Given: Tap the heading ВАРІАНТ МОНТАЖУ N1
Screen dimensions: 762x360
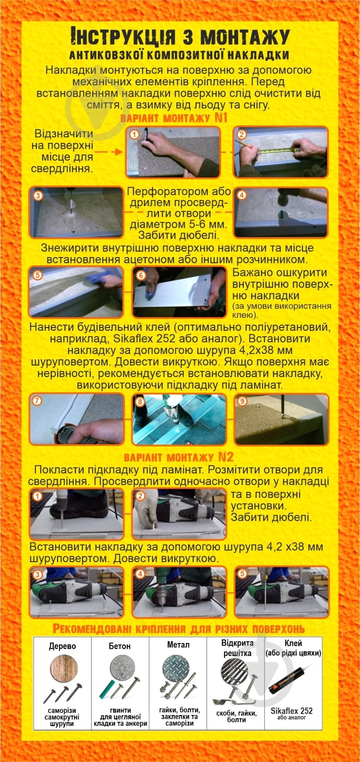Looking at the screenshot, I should [174, 118].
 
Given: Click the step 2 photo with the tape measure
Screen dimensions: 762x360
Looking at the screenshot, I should [280, 152].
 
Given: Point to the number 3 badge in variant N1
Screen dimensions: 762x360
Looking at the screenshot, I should [38, 195].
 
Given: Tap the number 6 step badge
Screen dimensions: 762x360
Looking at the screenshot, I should [141, 275].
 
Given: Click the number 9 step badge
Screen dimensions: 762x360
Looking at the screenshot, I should [242, 401].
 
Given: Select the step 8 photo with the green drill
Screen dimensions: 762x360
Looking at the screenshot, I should [179, 419].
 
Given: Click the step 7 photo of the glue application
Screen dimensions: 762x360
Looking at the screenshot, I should [77, 419].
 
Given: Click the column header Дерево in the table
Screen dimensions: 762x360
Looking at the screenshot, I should [62, 646].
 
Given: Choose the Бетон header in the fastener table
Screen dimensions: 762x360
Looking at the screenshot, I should [120, 646].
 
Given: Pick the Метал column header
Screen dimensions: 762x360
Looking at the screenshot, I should [178, 645].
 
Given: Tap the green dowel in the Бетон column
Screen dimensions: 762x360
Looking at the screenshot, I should [105, 689].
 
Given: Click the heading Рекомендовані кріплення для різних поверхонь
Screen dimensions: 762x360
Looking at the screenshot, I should [179, 629].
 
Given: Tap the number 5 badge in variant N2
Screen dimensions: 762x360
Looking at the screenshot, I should [242, 574].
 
